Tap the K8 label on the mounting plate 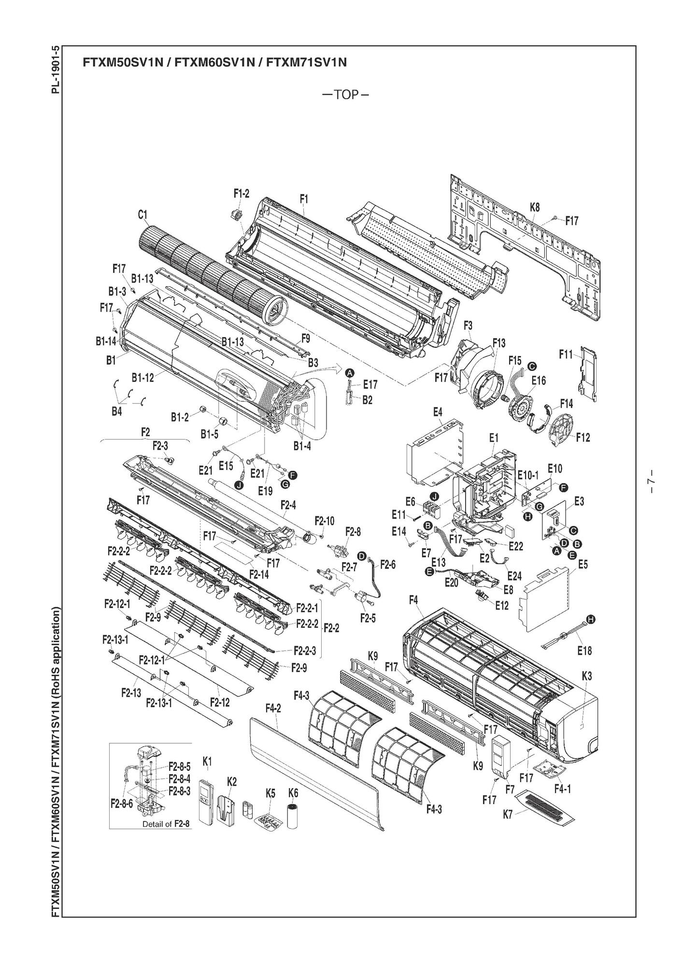coord(535,207)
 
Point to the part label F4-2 coord(273,708)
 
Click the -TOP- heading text coord(345,95)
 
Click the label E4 coord(437,412)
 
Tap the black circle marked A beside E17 coord(350,372)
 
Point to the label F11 coord(566,354)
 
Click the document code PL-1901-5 coord(57,70)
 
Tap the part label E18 coord(584,651)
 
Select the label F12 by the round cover coord(583,437)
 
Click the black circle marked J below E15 coord(239,484)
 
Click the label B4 coord(116,412)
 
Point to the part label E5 coord(583,564)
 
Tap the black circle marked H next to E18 coord(590,619)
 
